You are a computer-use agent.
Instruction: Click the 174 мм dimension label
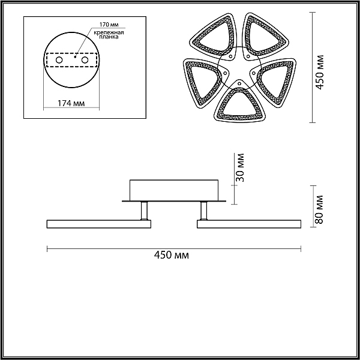71,103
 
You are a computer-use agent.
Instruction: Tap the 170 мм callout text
109,25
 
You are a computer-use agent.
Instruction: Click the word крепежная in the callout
109,32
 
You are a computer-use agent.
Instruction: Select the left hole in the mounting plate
59,60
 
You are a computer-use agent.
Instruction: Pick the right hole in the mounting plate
85,60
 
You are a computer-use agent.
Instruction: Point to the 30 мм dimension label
240,167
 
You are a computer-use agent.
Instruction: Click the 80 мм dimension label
319,209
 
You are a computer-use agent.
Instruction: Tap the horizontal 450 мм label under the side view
172,255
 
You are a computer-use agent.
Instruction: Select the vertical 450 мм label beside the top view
319,73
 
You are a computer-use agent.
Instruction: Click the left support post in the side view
144,211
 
